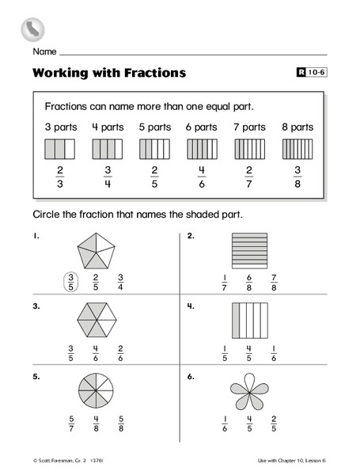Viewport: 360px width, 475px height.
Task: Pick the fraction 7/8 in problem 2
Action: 275,283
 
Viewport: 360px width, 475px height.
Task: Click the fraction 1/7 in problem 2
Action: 225,283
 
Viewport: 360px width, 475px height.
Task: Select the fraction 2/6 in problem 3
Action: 120,352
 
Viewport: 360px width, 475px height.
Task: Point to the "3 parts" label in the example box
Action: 59,127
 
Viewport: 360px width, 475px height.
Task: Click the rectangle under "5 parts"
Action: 154,149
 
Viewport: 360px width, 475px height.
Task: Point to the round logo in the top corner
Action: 32,29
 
